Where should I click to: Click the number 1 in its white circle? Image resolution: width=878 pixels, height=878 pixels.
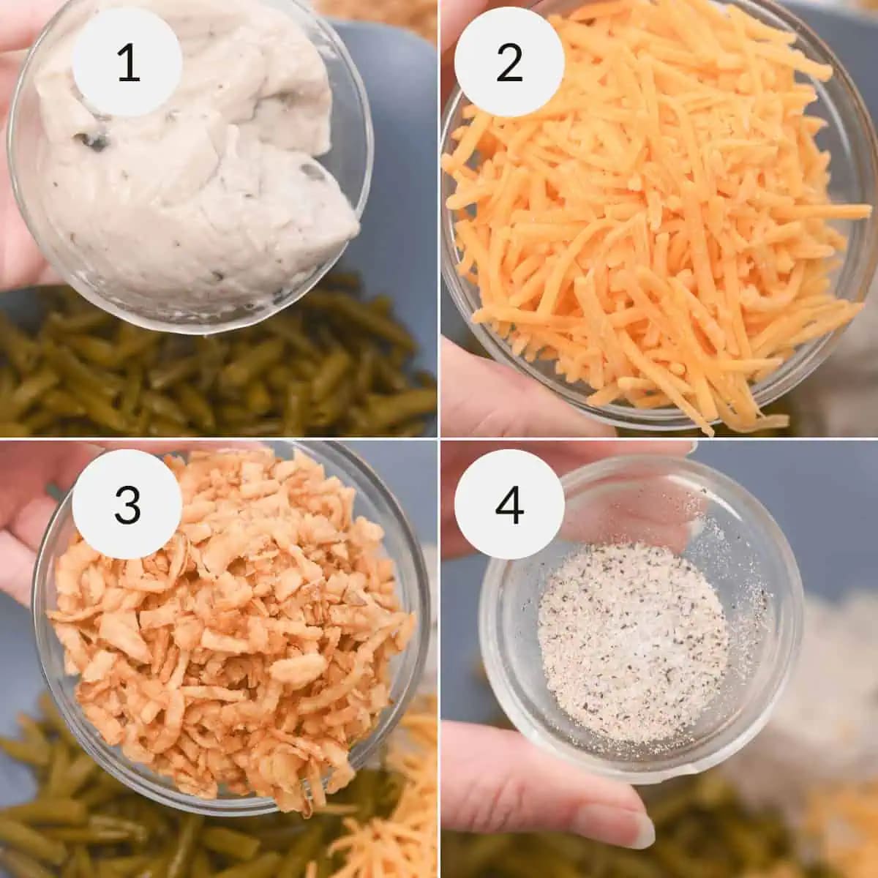[x=127, y=63]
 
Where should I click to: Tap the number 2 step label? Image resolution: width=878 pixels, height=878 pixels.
[x=509, y=63]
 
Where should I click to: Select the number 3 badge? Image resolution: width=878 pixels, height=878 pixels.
[x=127, y=504]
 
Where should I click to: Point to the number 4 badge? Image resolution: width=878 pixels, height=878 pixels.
[x=509, y=504]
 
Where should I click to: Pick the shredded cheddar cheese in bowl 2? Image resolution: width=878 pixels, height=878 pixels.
[x=644, y=219]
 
